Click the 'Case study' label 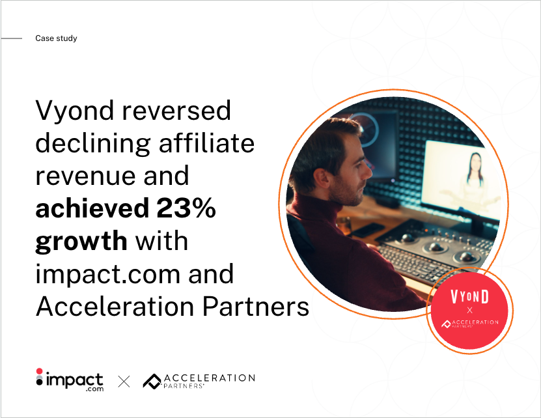point(56,38)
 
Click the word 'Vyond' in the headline point(75,111)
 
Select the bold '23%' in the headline point(186,208)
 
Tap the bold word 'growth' point(81,242)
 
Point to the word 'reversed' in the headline point(176,110)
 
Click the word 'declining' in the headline point(93,144)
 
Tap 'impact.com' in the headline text point(108,274)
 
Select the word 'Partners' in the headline point(256,307)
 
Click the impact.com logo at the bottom point(70,380)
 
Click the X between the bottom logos point(124,382)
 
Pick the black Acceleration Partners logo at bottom point(199,381)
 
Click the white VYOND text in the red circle point(470,297)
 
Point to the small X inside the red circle point(469,311)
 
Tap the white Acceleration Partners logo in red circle point(470,324)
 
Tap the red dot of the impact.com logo point(39,371)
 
